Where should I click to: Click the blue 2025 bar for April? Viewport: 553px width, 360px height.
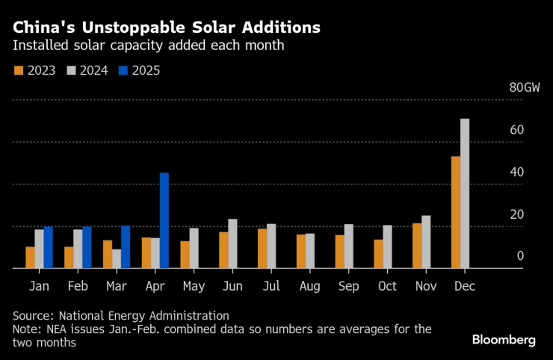pos(164,220)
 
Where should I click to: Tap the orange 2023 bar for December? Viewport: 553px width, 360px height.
pos(456,212)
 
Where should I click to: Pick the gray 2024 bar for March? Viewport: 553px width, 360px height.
pos(117,258)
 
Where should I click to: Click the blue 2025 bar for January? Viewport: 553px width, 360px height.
pos(49,247)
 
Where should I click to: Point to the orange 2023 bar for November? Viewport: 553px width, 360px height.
pos(417,246)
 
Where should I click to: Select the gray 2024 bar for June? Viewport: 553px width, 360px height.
pos(232,243)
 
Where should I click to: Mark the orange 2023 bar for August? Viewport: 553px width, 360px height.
pos(301,251)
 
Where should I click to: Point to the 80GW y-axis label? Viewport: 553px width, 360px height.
pos(524,88)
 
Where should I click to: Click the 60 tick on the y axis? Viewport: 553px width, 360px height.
pos(516,131)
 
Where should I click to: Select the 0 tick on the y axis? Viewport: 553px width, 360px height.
pos(520,256)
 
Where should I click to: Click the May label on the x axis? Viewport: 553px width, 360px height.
pos(194,286)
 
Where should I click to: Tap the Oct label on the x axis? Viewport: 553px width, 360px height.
pos(388,286)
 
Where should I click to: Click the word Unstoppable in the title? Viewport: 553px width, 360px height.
pos(125,28)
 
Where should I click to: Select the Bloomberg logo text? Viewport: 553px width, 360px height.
pos(504,340)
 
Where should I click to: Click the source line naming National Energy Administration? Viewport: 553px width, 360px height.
pos(120,316)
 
